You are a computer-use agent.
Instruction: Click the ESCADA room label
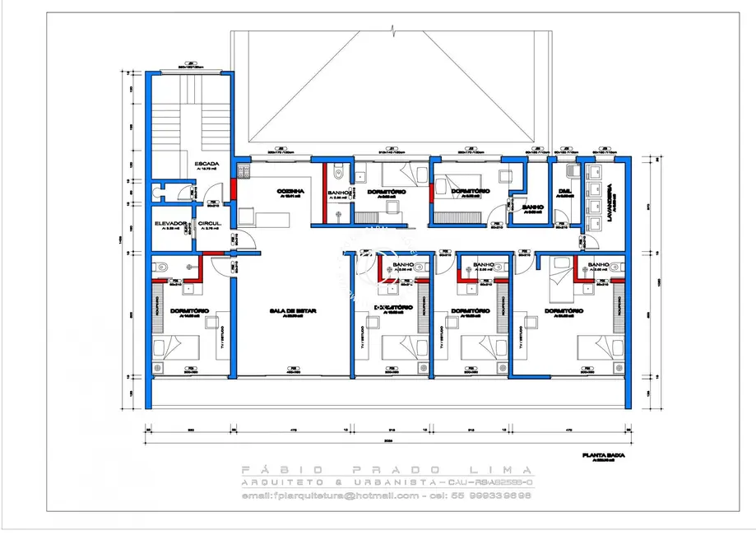point(206,165)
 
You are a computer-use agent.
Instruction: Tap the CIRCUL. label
point(208,223)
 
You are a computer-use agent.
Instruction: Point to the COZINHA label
point(288,189)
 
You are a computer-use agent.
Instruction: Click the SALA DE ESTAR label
point(293,310)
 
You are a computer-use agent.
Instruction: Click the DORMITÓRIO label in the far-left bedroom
point(188,310)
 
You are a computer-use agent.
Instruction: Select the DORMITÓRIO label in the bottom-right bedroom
point(564,310)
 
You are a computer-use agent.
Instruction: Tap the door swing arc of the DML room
point(560,216)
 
